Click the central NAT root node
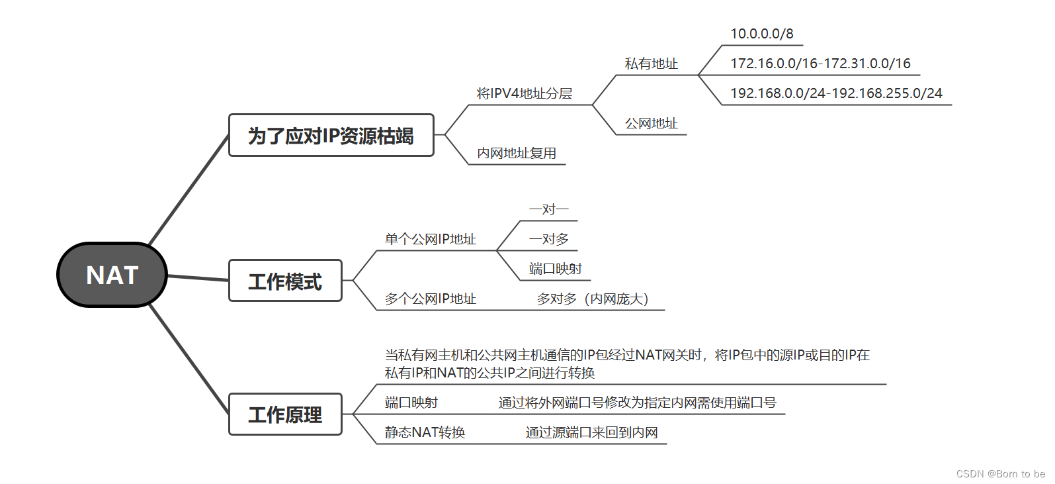pyautogui.click(x=112, y=275)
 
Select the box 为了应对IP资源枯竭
pyautogui.click(x=331, y=136)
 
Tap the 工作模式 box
pyautogui.click(x=285, y=281)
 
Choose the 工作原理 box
pyautogui.click(x=285, y=414)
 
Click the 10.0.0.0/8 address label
pyautogui.click(x=761, y=34)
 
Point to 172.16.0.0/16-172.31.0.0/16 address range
pyautogui.click(x=820, y=64)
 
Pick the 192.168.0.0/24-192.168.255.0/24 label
pyautogui.click(x=836, y=93)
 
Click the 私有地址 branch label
pyautogui.click(x=651, y=64)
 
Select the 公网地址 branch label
pyautogui.click(x=651, y=123)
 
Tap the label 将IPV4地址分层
pyautogui.click(x=524, y=93)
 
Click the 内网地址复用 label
pyautogui.click(x=516, y=153)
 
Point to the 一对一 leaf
pyautogui.click(x=548, y=209)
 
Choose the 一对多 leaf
pyautogui.click(x=548, y=239)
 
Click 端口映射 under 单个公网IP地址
pyautogui.click(x=555, y=269)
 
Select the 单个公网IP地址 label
pyautogui.click(x=430, y=239)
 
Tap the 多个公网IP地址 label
pyautogui.click(x=430, y=299)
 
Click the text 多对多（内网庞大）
pyautogui.click(x=593, y=299)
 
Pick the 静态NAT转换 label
pyautogui.click(x=425, y=432)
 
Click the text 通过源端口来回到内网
pyautogui.click(x=591, y=432)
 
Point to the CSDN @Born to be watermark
pyautogui.click(x=1000, y=473)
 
